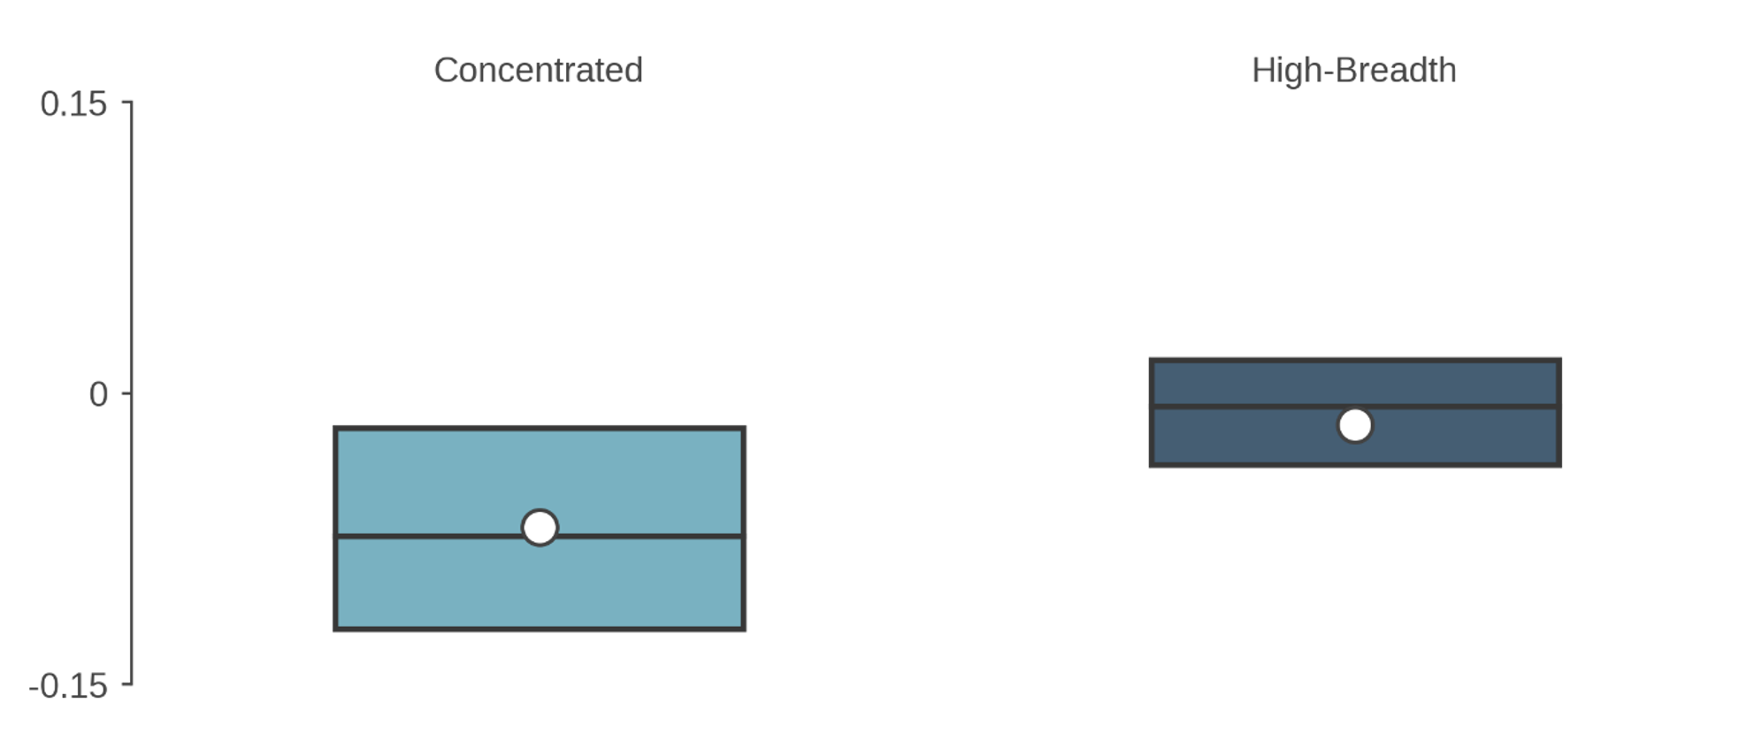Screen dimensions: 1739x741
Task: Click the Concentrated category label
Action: click(x=538, y=70)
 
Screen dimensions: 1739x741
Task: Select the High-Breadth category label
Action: click(x=1353, y=70)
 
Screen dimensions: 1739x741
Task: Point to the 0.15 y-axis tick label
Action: click(x=73, y=103)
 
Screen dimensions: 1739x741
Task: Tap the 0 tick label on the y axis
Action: click(x=98, y=393)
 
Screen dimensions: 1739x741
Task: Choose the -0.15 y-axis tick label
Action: click(x=68, y=685)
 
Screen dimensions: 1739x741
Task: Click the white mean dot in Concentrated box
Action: click(x=540, y=528)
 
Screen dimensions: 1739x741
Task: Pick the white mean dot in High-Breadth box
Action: click(x=1355, y=425)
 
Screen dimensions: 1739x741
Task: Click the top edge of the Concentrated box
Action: click(x=540, y=428)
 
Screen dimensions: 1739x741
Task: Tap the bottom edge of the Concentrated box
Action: click(x=540, y=629)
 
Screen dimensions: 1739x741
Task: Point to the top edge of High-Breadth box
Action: click(x=1355, y=360)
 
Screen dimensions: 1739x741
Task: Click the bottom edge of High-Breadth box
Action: click(x=1355, y=464)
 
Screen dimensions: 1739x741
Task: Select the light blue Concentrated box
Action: click(x=540, y=482)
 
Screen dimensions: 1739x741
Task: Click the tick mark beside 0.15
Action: click(x=126, y=103)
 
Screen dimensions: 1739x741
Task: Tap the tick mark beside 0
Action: click(x=126, y=393)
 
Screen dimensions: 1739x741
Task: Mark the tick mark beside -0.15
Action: click(x=126, y=684)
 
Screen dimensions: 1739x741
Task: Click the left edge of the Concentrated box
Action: click(x=335, y=528)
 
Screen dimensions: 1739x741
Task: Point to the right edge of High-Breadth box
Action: click(x=1559, y=412)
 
